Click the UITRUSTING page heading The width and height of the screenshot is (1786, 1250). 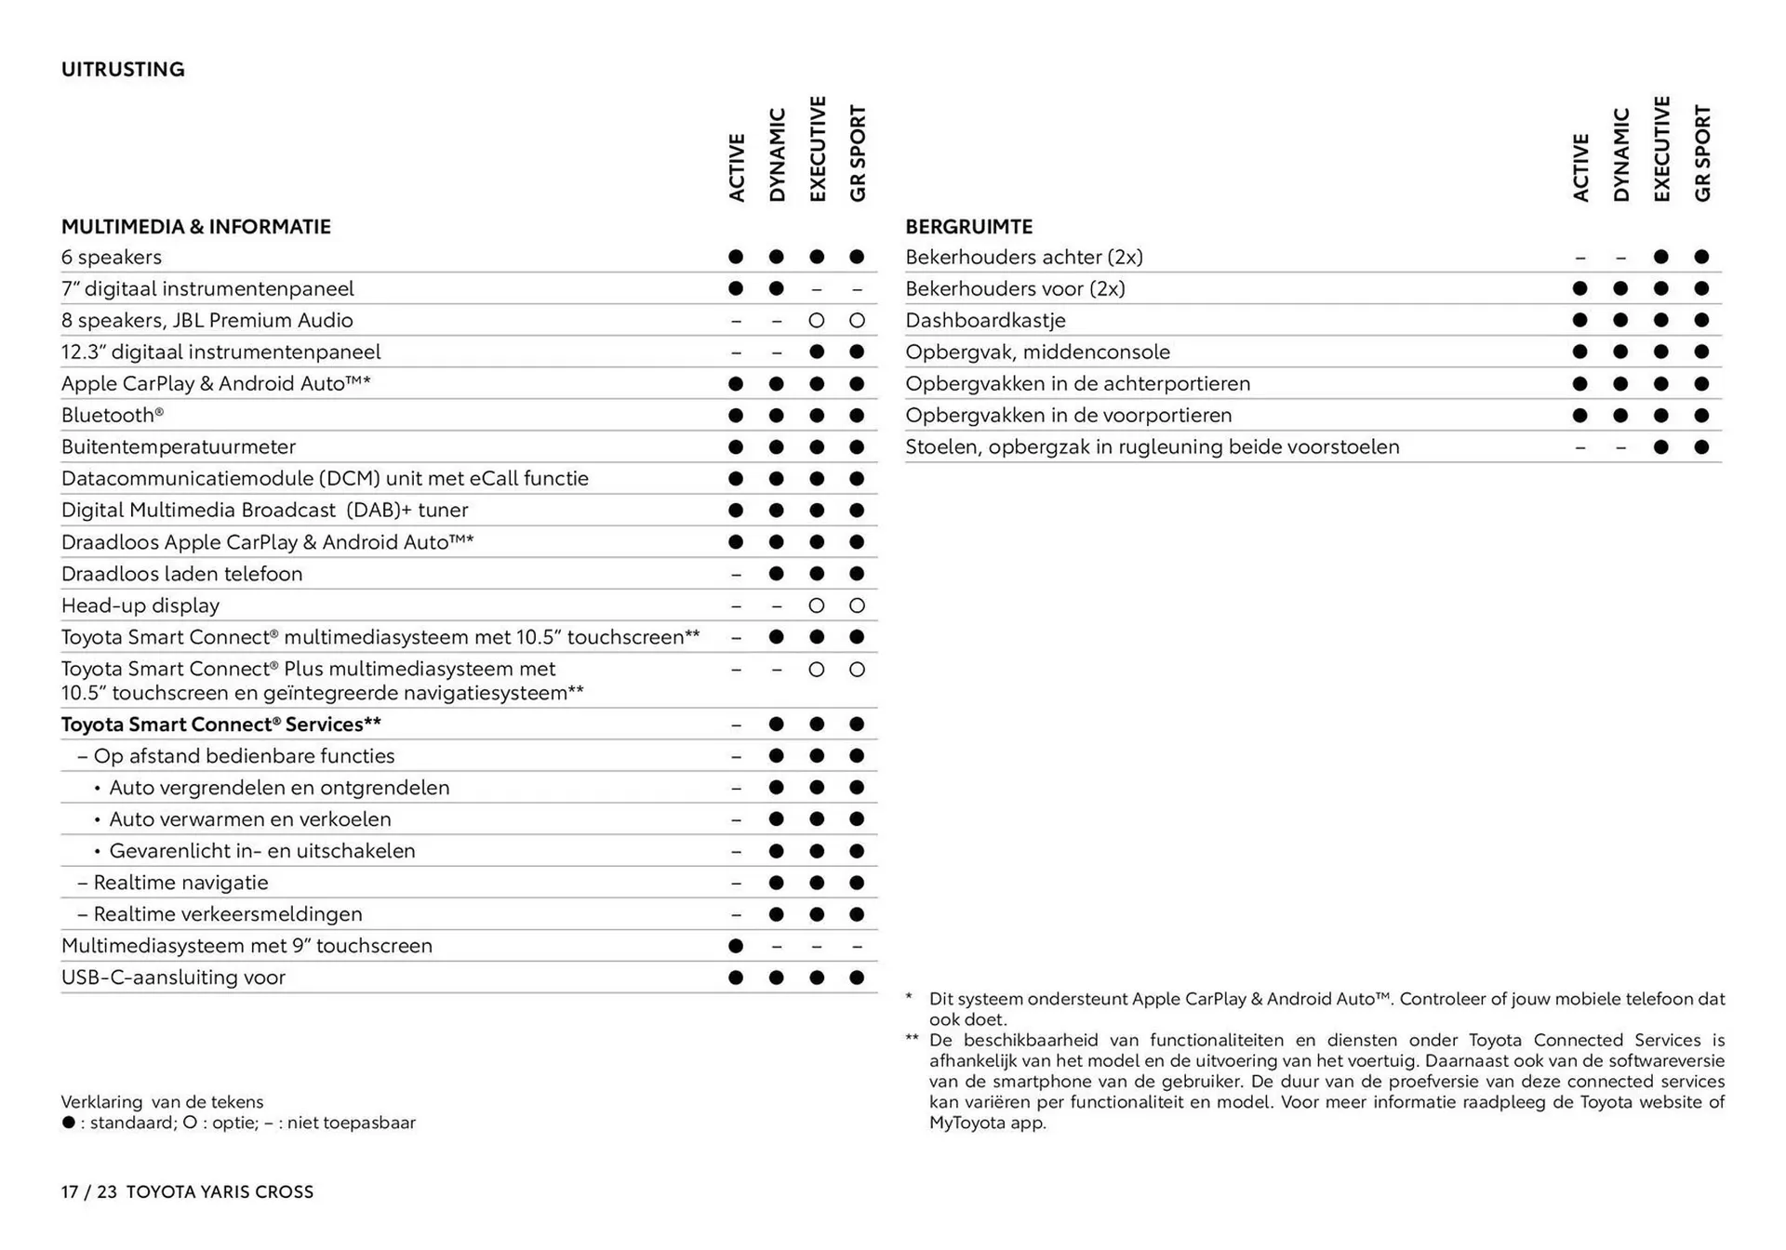coord(123,70)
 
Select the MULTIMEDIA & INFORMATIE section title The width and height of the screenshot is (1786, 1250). coord(195,227)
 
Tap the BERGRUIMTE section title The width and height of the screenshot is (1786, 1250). coord(968,227)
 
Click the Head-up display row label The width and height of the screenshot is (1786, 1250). coord(140,605)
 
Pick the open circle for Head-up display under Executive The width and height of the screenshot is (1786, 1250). coord(817,606)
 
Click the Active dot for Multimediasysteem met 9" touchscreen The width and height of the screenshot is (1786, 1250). coord(736,946)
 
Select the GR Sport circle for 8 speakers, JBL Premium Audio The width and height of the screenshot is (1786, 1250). coord(857,321)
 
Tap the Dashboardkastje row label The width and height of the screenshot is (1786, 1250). coord(985,321)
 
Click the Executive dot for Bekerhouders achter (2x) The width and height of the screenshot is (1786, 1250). coord(1661,258)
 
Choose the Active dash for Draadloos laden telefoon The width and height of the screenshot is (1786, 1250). coord(736,575)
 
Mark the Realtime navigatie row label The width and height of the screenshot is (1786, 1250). coord(180,883)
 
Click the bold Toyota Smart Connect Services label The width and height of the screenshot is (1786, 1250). coord(220,725)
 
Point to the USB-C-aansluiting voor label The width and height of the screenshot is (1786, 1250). coord(173,977)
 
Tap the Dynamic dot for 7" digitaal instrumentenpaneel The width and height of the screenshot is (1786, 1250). coord(777,289)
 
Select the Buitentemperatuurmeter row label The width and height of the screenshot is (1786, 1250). coord(179,447)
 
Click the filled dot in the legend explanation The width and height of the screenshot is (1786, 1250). coord(69,1123)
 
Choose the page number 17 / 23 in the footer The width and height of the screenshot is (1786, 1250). coord(89,1192)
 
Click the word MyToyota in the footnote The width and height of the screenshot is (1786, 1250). coord(966,1123)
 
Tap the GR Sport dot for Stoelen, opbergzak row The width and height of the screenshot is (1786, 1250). coord(1701,447)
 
